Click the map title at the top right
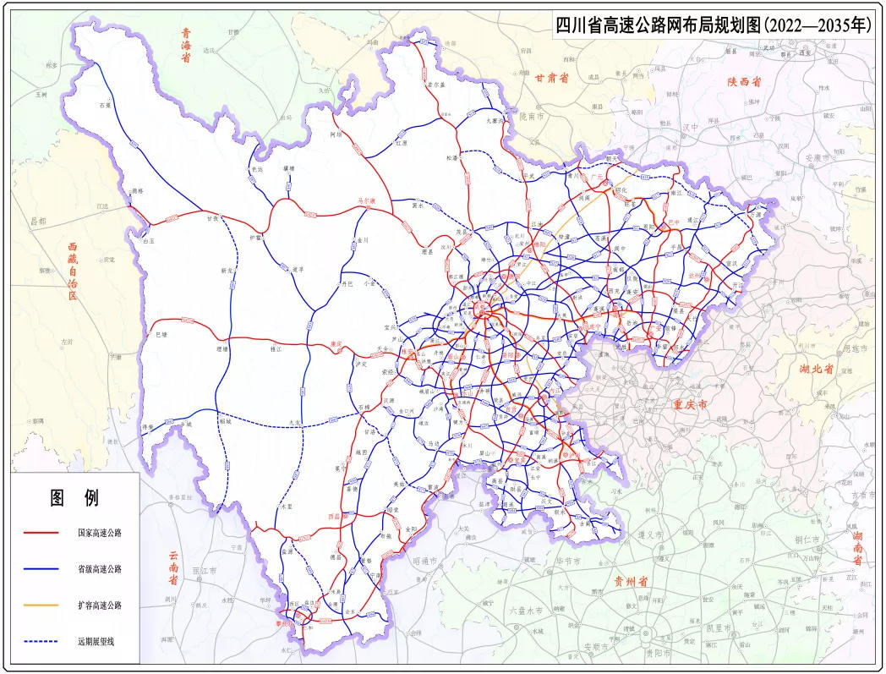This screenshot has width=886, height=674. pyautogui.click(x=714, y=25)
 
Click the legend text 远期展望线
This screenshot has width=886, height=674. pyautogui.click(x=93, y=642)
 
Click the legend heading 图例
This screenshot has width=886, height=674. pyautogui.click(x=74, y=497)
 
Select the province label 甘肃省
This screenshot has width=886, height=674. pyautogui.click(x=551, y=77)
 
